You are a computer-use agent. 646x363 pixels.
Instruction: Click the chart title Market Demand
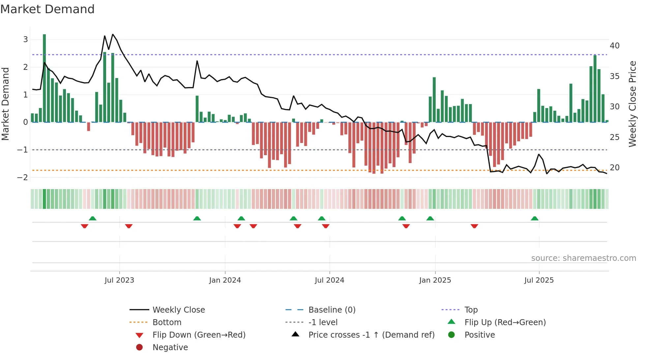pos(47,9)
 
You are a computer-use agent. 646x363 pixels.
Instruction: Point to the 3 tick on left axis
pos(25,40)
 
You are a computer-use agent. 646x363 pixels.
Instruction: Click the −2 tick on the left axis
pos(23,178)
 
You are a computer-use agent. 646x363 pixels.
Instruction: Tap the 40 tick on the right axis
pos(614,46)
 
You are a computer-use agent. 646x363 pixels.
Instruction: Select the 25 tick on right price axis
pos(614,137)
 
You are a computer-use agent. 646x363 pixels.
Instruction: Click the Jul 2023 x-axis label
pos(119,280)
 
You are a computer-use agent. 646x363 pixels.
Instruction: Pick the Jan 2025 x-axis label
pos(435,280)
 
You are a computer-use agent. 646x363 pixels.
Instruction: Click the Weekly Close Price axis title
pos(632,104)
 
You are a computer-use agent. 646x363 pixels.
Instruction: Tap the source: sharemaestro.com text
pos(583,258)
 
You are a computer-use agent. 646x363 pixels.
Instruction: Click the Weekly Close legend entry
pos(178,310)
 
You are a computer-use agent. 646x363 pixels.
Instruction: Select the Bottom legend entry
pos(167,322)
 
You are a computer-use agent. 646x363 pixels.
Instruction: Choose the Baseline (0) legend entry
pos(332,310)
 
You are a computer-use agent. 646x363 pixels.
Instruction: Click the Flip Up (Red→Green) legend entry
pos(505,322)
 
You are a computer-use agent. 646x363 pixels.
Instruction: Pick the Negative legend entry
pos(170,348)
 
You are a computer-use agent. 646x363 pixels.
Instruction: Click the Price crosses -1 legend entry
pos(371,335)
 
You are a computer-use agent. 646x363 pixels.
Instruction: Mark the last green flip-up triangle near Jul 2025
pos(535,218)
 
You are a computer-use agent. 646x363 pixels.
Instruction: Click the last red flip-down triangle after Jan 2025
pos(474,226)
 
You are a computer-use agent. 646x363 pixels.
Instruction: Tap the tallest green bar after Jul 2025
pos(595,89)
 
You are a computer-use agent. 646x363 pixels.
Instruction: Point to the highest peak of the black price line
pos(113,34)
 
